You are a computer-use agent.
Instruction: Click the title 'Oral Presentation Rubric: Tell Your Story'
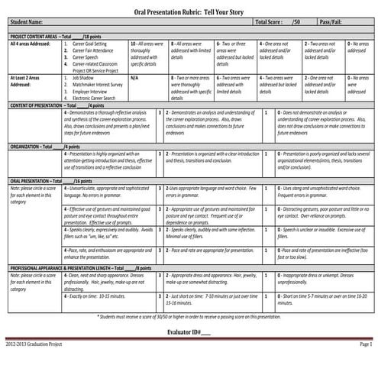189,10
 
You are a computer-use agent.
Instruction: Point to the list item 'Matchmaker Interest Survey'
99,84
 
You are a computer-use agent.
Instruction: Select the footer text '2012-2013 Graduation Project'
34,367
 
